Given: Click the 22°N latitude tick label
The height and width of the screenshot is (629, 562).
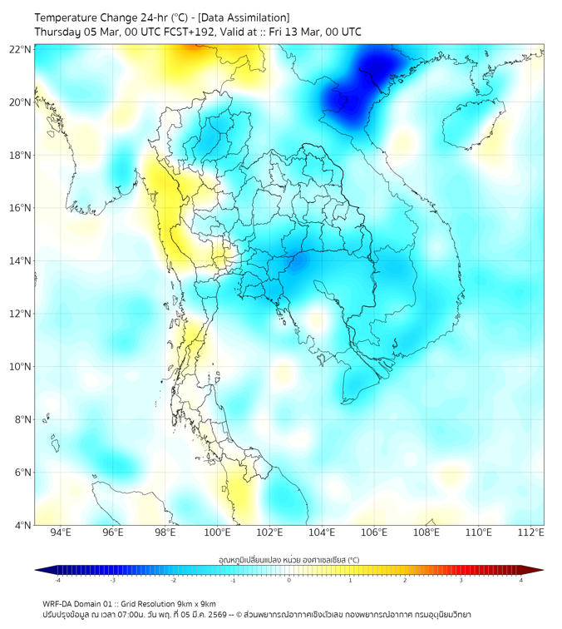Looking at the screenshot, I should pos(21,49).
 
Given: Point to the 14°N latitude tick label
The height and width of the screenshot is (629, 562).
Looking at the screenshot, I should pos(21,261).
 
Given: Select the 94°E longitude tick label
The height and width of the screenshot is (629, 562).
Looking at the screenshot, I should pos(61,532).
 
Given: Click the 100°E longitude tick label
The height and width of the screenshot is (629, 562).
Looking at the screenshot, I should pos(217,532).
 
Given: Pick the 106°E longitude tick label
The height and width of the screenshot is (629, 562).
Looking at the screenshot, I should pos(374,532).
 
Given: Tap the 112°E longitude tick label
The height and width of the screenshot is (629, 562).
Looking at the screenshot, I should pos(531,532).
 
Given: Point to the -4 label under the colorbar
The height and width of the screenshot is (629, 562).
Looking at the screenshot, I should pos(57,580).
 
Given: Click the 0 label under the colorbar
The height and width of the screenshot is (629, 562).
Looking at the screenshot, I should pos(289,580).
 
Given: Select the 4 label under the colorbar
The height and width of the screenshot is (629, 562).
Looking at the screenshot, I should pos(521,580).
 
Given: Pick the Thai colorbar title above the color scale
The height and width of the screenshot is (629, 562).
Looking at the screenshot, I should pos(288,559).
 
